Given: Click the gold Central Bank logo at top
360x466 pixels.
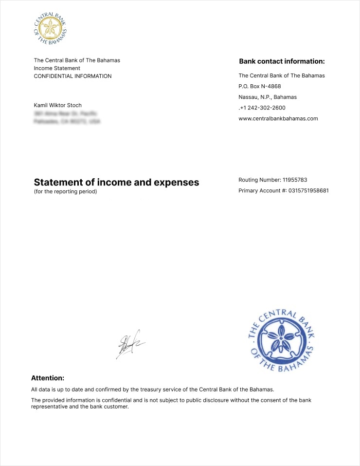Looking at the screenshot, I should click(x=50, y=29).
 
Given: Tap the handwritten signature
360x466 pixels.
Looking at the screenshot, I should click(x=129, y=344).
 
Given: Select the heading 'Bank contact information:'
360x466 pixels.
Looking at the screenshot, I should click(x=282, y=61).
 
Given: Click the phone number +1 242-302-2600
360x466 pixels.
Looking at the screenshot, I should click(x=262, y=108).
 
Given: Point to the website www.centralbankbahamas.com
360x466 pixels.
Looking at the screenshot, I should click(x=278, y=118).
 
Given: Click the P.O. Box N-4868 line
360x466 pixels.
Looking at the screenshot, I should click(x=259, y=86).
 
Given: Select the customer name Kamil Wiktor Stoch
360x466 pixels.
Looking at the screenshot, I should click(x=57, y=105).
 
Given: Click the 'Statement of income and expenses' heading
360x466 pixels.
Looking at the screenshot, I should click(x=116, y=182).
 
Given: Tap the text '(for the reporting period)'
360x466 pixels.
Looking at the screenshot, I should click(x=65, y=191).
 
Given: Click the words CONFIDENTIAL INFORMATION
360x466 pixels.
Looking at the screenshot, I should click(x=72, y=76).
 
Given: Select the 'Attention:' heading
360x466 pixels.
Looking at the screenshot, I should click(x=48, y=378).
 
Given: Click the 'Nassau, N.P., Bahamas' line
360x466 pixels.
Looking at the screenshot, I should click(x=267, y=97).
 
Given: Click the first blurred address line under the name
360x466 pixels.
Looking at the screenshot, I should click(x=65, y=113).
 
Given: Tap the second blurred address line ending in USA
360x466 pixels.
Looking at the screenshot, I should click(x=67, y=121).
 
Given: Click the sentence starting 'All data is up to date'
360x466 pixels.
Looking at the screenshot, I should click(x=152, y=389).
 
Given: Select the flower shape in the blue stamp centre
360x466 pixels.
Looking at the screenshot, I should click(x=281, y=338).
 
